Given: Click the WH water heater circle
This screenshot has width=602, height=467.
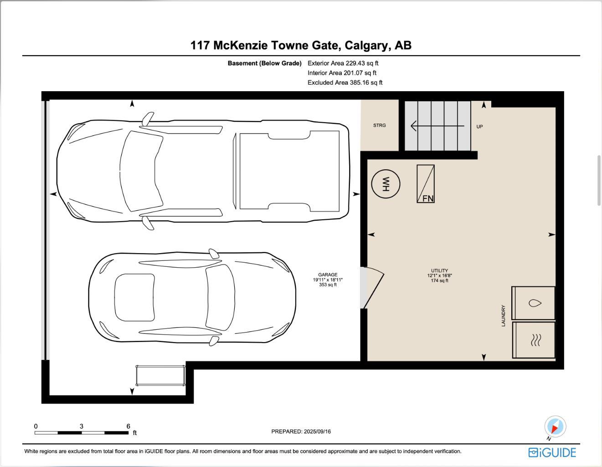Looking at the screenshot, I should [x=386, y=184].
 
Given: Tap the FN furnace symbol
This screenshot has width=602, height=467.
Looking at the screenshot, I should [x=426, y=184].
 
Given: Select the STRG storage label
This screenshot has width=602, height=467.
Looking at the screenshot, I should [x=379, y=125].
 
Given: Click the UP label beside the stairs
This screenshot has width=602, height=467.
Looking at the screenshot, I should [x=479, y=127].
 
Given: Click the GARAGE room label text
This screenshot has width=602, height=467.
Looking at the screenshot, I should [x=328, y=275].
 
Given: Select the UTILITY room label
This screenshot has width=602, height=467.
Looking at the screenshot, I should [x=439, y=271].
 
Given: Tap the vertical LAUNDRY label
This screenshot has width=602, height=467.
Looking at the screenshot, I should [x=504, y=316].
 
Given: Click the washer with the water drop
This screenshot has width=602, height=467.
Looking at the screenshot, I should [x=534, y=303].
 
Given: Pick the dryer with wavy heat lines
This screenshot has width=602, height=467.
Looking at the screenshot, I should [x=534, y=340].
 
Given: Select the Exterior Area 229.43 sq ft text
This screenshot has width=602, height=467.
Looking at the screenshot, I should [x=343, y=63].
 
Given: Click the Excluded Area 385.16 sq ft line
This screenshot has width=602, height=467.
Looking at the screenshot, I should [x=345, y=83].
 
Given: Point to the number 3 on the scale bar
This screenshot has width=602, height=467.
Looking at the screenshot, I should [x=82, y=426].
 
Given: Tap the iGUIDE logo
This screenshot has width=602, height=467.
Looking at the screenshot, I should [x=552, y=452].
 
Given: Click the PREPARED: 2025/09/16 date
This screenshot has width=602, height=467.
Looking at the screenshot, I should [x=301, y=431].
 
